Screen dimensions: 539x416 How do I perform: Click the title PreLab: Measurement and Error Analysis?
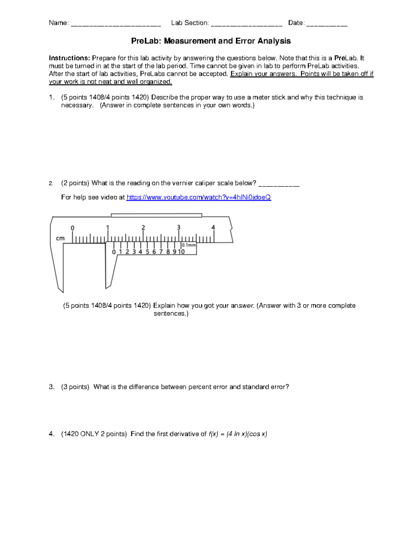point(210,41)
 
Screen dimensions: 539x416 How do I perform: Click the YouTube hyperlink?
point(198,197)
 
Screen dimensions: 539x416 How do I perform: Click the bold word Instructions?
point(69,58)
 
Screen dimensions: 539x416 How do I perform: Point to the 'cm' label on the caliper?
point(60,238)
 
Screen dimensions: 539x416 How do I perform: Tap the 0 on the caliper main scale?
point(72,228)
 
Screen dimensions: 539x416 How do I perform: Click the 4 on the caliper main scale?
point(213,227)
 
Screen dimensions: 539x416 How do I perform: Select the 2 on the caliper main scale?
point(143,228)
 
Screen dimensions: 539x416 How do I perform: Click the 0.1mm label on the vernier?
point(189,245)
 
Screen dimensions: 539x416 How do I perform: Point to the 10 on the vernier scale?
point(181,252)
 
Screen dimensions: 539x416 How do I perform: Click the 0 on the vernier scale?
point(114,252)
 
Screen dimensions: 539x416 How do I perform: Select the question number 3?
point(51,387)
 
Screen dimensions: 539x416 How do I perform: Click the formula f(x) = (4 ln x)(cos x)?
point(238,434)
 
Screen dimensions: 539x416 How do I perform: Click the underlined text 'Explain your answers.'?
point(263,74)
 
